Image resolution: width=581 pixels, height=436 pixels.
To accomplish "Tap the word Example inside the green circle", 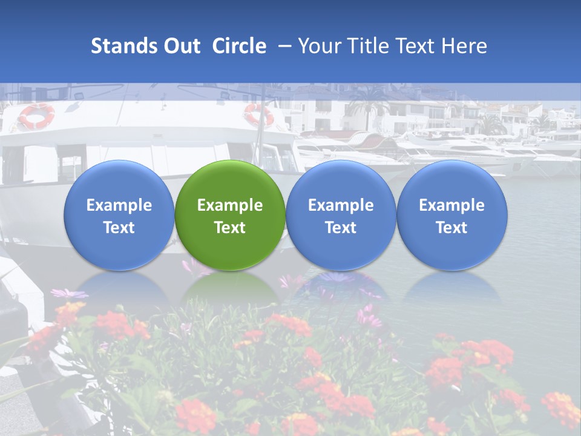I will [x=230, y=205].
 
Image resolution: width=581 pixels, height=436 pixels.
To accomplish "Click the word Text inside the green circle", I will [x=230, y=228].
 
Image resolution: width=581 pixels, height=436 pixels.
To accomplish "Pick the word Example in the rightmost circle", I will [x=451, y=205].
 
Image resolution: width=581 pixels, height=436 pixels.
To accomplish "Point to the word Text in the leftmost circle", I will [x=119, y=228].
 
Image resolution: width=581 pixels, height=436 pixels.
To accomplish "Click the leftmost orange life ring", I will [x=36, y=116].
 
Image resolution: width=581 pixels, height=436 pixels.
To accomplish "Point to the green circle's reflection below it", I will [x=230, y=288].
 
